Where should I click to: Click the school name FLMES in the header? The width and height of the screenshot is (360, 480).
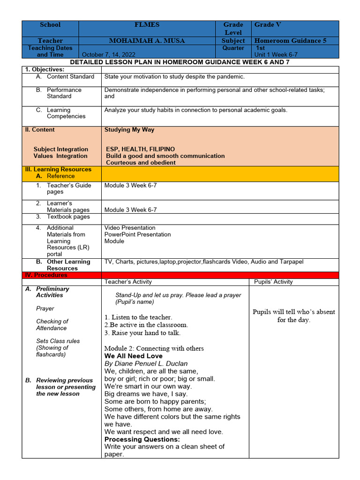[147, 25]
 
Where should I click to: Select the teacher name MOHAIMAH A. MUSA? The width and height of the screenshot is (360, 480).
[147, 41]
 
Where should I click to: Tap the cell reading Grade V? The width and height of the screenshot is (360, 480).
[268, 25]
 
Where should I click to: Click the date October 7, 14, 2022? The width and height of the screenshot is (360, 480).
[112, 55]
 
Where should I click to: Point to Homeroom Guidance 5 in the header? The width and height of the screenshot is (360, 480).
[290, 41]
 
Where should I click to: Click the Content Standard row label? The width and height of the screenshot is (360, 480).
[70, 76]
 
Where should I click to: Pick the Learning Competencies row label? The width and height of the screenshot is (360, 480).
[66, 113]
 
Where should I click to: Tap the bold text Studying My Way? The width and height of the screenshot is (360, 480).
[129, 130]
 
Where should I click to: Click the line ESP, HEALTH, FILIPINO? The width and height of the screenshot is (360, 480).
[140, 149]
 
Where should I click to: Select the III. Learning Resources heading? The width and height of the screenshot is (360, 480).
[58, 170]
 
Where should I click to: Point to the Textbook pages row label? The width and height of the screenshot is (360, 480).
[68, 217]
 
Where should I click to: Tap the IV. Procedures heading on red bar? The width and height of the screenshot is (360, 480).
[46, 275]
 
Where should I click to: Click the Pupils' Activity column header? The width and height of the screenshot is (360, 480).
[273, 282]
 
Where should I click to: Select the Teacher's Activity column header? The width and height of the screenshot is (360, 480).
[128, 282]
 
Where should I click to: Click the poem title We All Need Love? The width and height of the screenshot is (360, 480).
[133, 356]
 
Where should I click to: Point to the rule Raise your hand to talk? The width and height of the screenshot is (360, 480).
[142, 333]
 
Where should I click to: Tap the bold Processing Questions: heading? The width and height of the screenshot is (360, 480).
[142, 439]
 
